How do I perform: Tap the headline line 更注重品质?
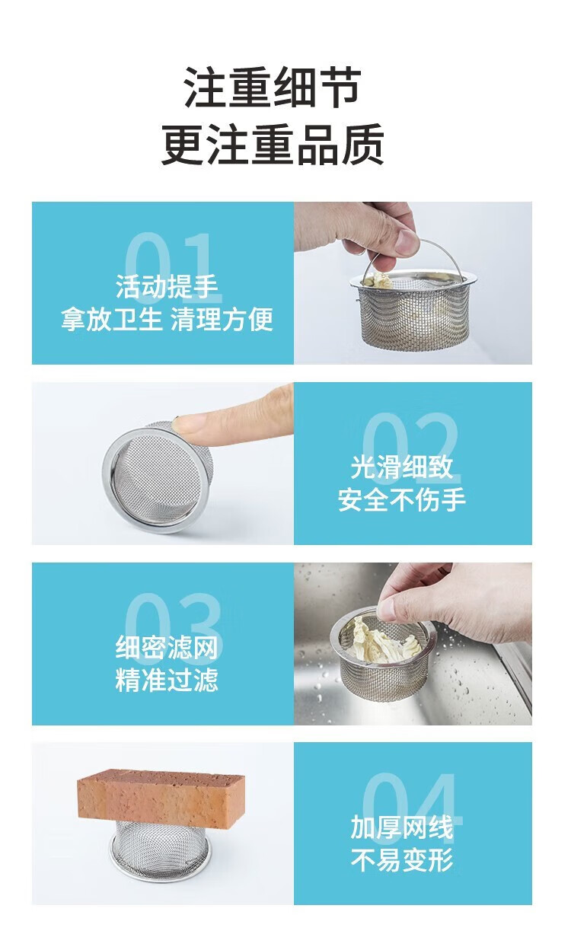coord(273,144)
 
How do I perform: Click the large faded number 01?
coord(173,267)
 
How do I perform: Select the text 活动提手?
coord(167,287)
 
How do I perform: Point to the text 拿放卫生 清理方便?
coord(167,320)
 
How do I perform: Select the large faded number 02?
coord(411,448)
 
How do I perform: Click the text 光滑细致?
coord(402,467)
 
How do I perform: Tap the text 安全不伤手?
coord(402,499)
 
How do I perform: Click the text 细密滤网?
coord(167,648)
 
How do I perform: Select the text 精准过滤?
coord(167,680)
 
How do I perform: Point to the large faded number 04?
coord(412,809)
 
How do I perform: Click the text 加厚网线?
coord(402,827)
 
